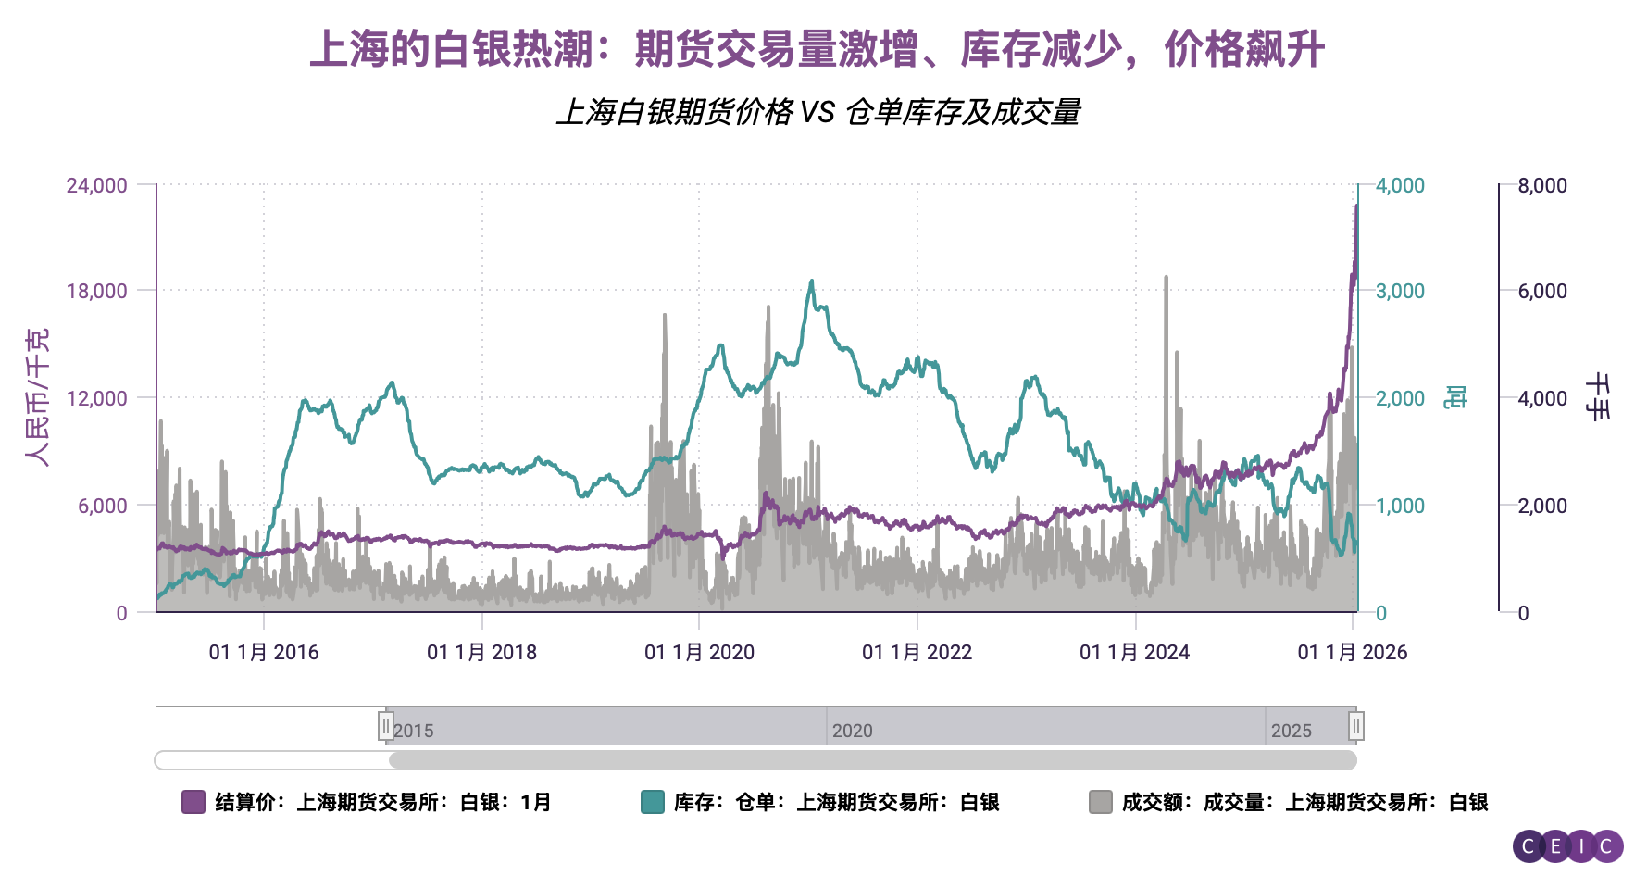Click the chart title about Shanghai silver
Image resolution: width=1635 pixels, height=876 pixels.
point(817,49)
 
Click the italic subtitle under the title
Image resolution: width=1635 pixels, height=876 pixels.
point(817,112)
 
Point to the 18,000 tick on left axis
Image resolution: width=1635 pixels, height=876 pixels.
point(96,291)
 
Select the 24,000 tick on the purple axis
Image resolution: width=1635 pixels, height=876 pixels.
point(96,185)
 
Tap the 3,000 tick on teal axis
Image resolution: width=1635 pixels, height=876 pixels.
point(1400,291)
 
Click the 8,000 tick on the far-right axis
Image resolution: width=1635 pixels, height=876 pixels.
point(1541,185)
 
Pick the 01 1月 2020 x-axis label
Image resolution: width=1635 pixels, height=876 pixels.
point(699,652)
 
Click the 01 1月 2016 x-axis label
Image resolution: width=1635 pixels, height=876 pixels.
point(264,652)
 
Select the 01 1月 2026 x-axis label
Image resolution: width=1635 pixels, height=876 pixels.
point(1352,652)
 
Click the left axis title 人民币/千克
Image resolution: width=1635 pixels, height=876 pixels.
point(37,397)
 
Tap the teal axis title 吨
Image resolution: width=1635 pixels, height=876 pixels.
point(1455,397)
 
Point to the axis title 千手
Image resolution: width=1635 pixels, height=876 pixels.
point(1598,397)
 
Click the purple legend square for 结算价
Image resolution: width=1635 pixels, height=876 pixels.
point(193,802)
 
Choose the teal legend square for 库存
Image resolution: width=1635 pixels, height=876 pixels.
point(652,802)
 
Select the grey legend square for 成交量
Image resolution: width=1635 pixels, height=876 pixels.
point(1100,802)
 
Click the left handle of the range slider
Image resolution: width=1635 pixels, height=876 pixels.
point(386,726)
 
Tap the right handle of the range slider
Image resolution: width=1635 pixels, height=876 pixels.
point(1356,726)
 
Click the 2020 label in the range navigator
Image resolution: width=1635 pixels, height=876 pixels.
point(852,731)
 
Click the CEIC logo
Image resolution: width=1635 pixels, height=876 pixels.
point(1567,845)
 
